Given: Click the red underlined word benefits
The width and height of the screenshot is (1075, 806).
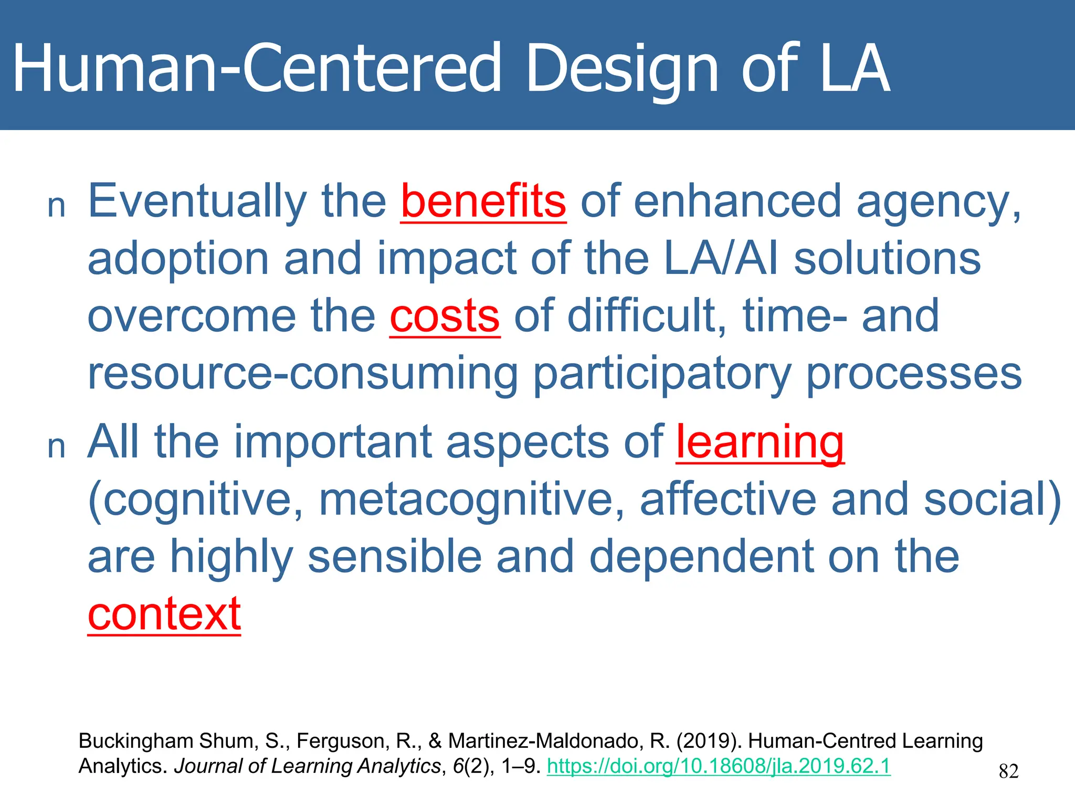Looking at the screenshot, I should pyautogui.click(x=483, y=201).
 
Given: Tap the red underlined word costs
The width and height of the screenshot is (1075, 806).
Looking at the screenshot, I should pyautogui.click(x=445, y=316).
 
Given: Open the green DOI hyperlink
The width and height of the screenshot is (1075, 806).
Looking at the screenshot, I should pyautogui.click(x=719, y=766).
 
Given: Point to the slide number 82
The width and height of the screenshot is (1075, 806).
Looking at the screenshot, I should pyautogui.click(x=1008, y=771).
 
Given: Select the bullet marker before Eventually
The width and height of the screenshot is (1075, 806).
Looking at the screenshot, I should pyautogui.click(x=56, y=207).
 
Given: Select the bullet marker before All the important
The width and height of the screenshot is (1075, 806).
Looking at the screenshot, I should pyautogui.click(x=56, y=448).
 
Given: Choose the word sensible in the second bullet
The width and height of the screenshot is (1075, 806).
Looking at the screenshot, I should pyautogui.click(x=394, y=557).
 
